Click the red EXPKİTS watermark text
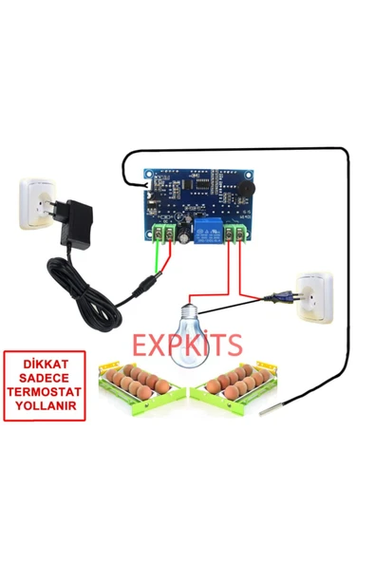click(186, 345)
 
